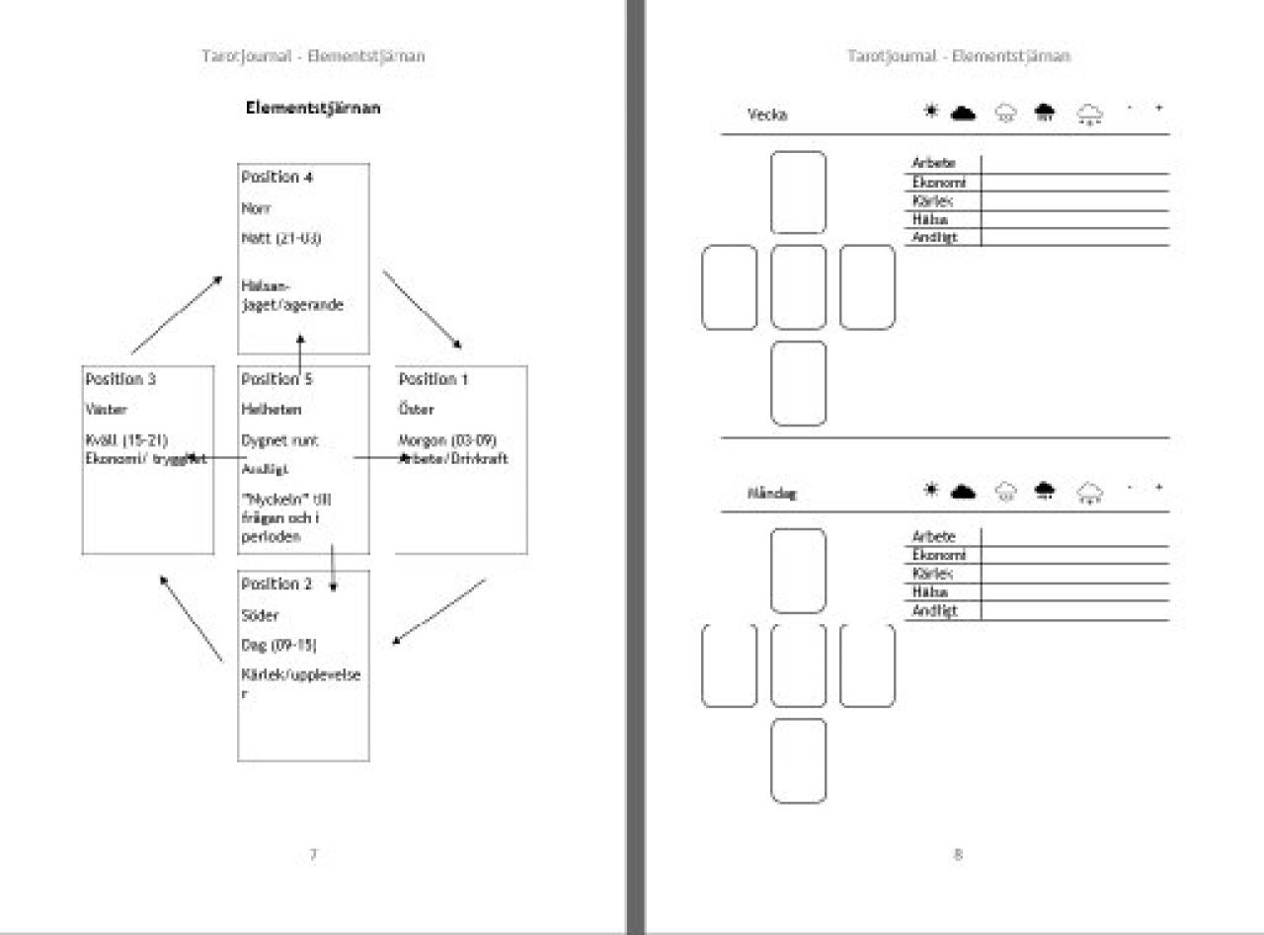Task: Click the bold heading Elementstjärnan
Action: coord(312,109)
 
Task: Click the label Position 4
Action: coord(270,178)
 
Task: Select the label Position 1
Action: coord(433,379)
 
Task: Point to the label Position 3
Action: coord(120,379)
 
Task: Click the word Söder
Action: coord(260,616)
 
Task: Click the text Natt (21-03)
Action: coord(280,239)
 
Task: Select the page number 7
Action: coord(313,855)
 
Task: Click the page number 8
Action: coord(957,855)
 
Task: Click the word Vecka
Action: coord(767,115)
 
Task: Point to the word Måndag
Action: coord(772,493)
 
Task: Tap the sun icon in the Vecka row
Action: coord(929,112)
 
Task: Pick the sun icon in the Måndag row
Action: coord(929,490)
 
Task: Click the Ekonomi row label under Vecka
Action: coord(939,183)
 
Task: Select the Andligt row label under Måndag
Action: coord(934,611)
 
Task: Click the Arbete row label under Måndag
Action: coord(934,537)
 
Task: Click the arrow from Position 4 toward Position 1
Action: coord(422,309)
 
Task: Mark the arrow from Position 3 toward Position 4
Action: coord(176,315)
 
